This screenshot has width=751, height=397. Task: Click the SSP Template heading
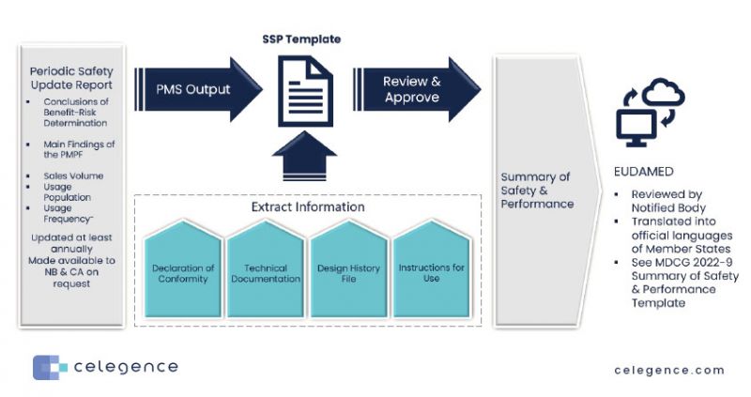coord(301,39)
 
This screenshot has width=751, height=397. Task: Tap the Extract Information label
coord(307,206)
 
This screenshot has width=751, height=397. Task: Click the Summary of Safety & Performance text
coord(535,190)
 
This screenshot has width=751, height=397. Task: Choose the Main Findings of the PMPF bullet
coord(79,148)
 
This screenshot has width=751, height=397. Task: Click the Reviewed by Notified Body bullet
coord(670,201)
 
